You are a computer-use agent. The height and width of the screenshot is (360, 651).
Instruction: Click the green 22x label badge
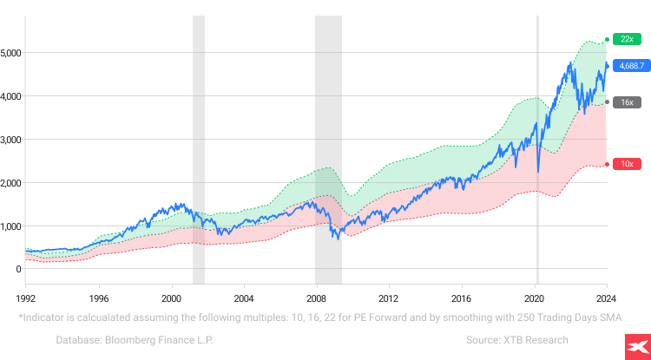[x=626, y=39]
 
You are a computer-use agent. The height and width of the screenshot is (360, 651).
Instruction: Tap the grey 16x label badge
[x=626, y=102]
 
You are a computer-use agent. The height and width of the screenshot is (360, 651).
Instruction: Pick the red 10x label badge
[x=626, y=164]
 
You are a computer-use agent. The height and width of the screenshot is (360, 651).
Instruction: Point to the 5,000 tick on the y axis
[x=11, y=53]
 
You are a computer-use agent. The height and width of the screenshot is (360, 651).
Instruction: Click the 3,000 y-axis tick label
[x=11, y=140]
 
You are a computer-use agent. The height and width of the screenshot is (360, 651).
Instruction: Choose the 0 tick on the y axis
[x=17, y=269]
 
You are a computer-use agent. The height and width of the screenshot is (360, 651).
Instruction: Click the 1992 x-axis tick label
[x=25, y=297]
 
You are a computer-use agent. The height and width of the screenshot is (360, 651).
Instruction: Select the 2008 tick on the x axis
[x=316, y=297]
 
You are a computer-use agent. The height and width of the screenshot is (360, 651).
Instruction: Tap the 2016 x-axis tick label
[x=461, y=297]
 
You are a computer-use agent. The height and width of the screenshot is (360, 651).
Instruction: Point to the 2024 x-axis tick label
[x=606, y=297]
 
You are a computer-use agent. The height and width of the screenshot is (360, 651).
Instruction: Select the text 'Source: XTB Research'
[x=516, y=340]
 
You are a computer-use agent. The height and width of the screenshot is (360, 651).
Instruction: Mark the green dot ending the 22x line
[x=607, y=39]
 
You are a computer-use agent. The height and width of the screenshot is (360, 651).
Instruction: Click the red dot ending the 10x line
[x=607, y=164]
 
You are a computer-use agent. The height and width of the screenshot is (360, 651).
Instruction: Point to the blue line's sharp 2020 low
[x=539, y=172]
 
